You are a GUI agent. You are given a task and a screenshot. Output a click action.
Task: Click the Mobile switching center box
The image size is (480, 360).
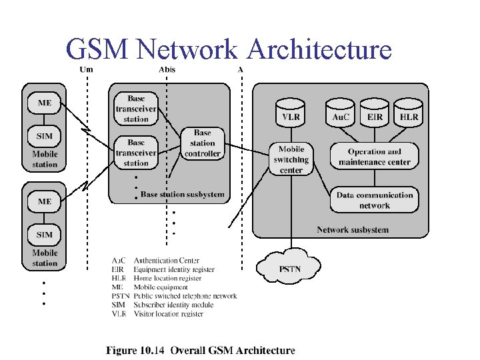pyautogui.click(x=291, y=159)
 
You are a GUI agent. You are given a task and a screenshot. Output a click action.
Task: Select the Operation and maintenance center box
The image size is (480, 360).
pyautogui.click(x=374, y=156)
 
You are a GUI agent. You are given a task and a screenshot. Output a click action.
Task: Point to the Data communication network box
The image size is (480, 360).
pyautogui.click(x=374, y=200)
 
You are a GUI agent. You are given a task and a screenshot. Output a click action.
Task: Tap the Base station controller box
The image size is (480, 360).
pyautogui.click(x=202, y=143)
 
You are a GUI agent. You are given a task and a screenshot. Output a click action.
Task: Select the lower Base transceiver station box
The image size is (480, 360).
pyautogui.click(x=136, y=153)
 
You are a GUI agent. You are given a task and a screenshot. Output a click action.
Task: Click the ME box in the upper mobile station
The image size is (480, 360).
pyautogui.click(x=44, y=103)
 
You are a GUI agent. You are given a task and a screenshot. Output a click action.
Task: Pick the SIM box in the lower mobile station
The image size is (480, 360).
pyautogui.click(x=44, y=234)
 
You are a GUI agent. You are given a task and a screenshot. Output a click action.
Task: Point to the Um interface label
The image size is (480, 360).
pyautogui.click(x=86, y=69)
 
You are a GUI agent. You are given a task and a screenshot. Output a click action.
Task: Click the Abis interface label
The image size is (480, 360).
pyautogui.click(x=167, y=69)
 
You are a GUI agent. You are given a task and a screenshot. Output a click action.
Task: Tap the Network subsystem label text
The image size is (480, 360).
pyautogui.click(x=352, y=230)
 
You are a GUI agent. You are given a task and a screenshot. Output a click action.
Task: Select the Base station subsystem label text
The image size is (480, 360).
pyautogui.click(x=182, y=195)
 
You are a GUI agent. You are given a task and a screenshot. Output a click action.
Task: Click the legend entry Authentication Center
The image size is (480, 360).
pyautogui.click(x=167, y=261)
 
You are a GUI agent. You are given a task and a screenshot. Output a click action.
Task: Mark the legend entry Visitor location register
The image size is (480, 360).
pyautogui.click(x=169, y=313)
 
